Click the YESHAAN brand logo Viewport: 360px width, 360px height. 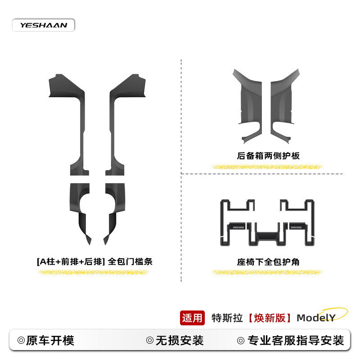(x=43, y=25)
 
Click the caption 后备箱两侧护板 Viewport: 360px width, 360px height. (x=268, y=156)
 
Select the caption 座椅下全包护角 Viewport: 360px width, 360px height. (x=268, y=261)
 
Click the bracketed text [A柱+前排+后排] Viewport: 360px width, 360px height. (x=71, y=261)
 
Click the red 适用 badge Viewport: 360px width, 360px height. (x=192, y=318)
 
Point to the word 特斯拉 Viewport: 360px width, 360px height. (x=227, y=318)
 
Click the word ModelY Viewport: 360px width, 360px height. (x=316, y=318)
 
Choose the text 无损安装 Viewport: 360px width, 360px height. (x=179, y=340)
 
